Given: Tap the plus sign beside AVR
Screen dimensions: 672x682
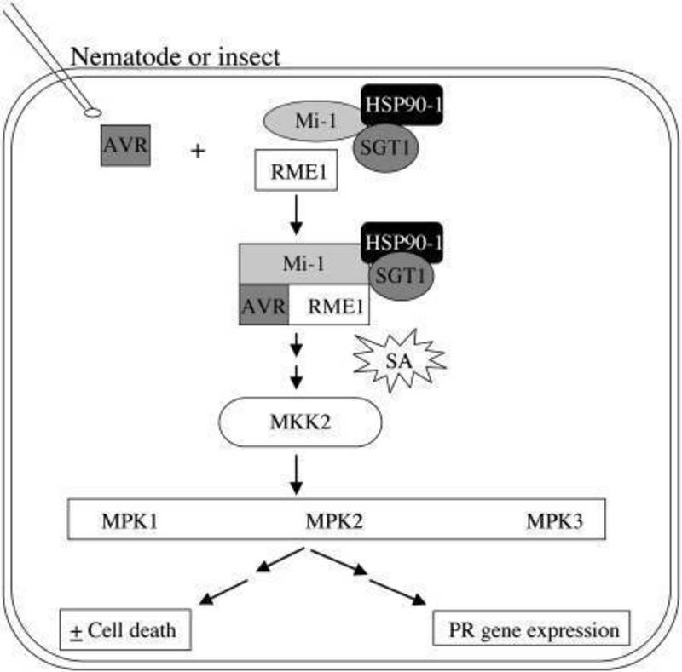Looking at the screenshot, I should [199, 152].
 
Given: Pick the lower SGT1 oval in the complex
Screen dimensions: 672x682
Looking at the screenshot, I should [402, 277].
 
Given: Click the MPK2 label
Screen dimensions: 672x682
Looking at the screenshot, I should [334, 519].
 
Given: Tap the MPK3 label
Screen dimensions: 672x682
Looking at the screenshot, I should [554, 519].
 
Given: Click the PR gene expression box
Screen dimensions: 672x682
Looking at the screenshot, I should [532, 630].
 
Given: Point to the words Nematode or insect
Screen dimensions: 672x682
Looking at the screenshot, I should [176, 57].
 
